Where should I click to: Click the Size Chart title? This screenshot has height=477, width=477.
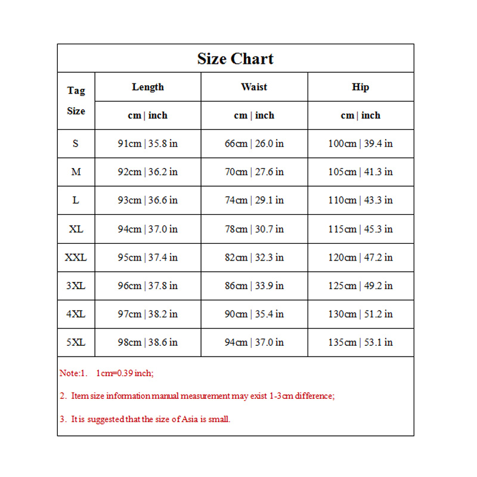click(x=236, y=59)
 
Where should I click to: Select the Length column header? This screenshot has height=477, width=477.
click(x=148, y=87)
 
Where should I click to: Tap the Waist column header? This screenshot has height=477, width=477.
click(x=254, y=87)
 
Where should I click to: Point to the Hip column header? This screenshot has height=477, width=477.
click(x=360, y=87)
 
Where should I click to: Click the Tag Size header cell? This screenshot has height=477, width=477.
click(x=76, y=101)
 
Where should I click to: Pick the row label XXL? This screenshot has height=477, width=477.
click(x=76, y=258)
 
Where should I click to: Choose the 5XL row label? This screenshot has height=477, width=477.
click(x=76, y=342)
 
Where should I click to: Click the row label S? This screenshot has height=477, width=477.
click(x=76, y=144)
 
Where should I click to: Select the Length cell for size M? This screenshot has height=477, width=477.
click(x=148, y=172)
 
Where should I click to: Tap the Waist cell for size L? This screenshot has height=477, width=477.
click(x=254, y=200)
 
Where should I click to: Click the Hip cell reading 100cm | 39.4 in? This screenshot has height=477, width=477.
click(x=360, y=144)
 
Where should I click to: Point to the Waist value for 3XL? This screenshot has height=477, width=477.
click(x=254, y=286)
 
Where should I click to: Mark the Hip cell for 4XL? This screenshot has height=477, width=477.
click(x=360, y=314)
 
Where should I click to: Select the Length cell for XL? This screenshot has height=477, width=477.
click(x=148, y=229)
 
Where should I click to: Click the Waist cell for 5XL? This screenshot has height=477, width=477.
click(x=254, y=342)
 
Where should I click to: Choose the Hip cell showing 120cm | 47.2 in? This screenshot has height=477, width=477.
click(x=360, y=258)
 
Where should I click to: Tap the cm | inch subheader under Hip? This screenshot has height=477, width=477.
click(x=360, y=115)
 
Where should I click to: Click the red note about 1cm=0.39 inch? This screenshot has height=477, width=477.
click(x=107, y=373)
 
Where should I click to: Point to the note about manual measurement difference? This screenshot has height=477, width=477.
click(x=197, y=396)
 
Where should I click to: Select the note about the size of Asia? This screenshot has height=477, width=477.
click(x=145, y=419)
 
